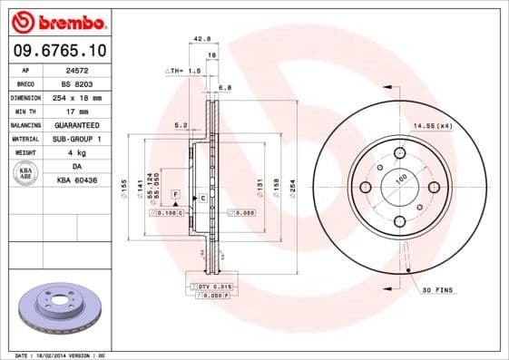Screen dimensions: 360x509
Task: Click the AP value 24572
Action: pyautogui.click(x=87, y=69)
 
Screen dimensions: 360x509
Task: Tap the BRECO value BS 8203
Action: pyautogui.click(x=88, y=83)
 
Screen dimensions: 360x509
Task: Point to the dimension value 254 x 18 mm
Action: pyautogui.click(x=89, y=97)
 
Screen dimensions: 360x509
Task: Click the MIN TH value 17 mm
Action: pyautogui.click(x=88, y=111)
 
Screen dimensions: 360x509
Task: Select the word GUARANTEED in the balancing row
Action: pyautogui.click(x=89, y=124)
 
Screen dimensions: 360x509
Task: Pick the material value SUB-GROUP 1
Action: pyautogui.click(x=89, y=139)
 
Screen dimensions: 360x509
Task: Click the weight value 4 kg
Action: pyautogui.click(x=88, y=152)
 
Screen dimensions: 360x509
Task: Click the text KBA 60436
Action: pyautogui.click(x=88, y=180)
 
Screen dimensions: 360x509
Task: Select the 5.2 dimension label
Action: pyautogui.click(x=180, y=125)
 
